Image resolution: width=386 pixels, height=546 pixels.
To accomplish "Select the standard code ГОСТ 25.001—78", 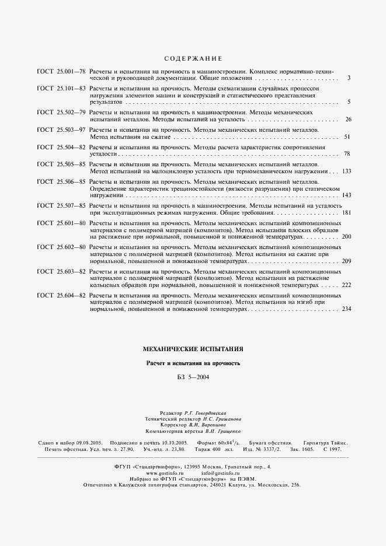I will click(x=61, y=71).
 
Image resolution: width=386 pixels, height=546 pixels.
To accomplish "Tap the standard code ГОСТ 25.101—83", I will click(x=61, y=88).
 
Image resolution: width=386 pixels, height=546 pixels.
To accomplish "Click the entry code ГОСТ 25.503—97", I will click(x=61, y=129).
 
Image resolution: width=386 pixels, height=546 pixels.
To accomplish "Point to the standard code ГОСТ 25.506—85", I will click(x=61, y=182).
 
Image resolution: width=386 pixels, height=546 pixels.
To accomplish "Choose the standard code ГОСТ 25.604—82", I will click(x=61, y=296).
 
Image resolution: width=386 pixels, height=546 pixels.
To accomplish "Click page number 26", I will click(x=348, y=119).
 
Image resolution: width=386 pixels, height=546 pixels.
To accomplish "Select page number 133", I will click(x=346, y=171).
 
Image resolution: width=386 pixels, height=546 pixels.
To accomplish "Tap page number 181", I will click(x=346, y=213).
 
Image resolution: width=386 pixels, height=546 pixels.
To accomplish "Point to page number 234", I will click(x=346, y=309).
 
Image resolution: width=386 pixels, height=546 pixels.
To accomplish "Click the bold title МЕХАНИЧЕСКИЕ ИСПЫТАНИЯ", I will click(x=193, y=349).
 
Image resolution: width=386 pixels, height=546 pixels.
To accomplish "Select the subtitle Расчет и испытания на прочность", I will click(x=193, y=363).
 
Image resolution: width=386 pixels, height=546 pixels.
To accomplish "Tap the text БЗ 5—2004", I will click(x=193, y=377).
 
